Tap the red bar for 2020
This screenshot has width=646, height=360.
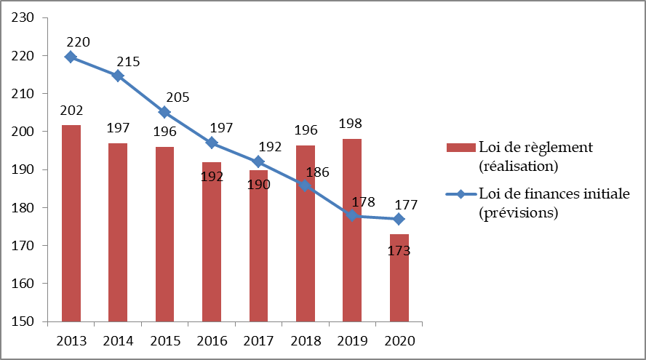399,277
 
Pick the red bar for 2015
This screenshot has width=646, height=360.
164,233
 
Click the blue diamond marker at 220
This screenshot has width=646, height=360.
71,57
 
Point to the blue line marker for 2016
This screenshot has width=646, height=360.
212,143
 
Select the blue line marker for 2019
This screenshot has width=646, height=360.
352,215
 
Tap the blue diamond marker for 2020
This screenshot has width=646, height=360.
399,219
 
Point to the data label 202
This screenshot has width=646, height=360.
71,111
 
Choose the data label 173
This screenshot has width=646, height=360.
399,251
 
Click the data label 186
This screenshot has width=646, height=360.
318,172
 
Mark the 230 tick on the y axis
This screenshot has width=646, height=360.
24,18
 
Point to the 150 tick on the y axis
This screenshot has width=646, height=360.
24,321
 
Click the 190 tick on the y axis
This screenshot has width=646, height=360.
24,169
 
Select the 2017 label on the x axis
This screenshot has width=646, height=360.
258,340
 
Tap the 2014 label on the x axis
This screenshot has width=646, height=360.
118,340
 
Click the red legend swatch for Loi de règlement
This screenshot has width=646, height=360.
460,148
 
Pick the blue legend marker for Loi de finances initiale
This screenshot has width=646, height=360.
460,194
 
